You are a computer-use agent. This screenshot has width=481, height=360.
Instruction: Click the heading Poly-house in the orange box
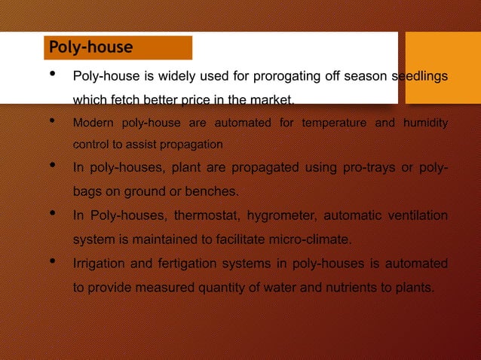[90, 48]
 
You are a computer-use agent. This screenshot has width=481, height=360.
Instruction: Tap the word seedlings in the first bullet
[420, 77]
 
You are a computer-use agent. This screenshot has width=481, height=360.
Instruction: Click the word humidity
[425, 123]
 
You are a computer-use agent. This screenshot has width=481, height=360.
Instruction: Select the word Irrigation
[100, 264]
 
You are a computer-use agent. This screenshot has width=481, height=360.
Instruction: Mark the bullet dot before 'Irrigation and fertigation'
[51, 262]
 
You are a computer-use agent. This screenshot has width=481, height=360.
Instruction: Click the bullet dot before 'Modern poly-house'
[51, 121]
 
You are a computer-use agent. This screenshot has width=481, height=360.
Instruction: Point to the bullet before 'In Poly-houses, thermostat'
[51, 215]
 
